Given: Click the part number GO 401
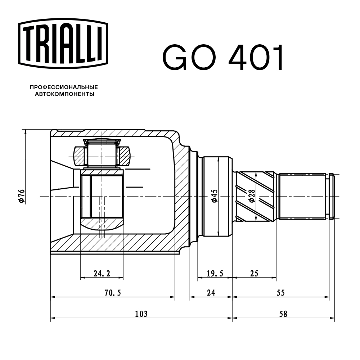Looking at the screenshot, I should pos(223,58).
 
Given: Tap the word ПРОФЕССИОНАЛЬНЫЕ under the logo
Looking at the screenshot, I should pos(64,87).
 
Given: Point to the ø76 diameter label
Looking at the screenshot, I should pos(21,197).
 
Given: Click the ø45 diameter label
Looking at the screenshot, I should pos(214,197).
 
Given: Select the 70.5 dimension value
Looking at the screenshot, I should pos(112,293).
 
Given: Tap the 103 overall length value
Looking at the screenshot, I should pos(141,314).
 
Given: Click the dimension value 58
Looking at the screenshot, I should pos(283,314).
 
